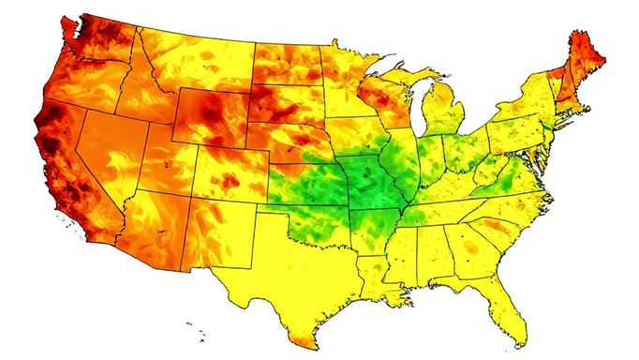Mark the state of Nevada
point(108,150)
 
